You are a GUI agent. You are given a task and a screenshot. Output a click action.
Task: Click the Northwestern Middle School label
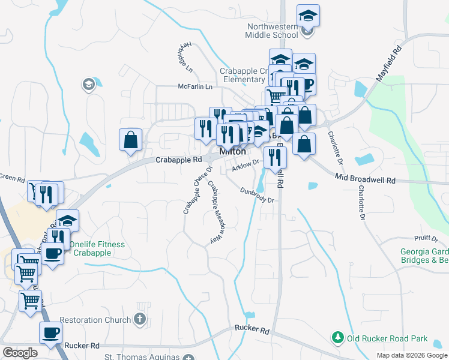(272, 31)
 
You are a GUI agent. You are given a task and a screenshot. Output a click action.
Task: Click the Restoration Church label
(95, 320)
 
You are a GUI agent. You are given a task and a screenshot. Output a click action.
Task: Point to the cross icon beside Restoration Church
(140, 319)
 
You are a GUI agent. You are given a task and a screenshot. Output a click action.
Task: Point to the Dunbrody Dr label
(257, 196)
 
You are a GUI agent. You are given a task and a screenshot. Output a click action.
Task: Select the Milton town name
(232, 152)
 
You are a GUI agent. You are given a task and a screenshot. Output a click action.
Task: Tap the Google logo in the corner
(20, 352)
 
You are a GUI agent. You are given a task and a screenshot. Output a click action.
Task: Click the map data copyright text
(411, 355)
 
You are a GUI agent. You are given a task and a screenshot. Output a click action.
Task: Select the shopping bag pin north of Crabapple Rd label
(130, 140)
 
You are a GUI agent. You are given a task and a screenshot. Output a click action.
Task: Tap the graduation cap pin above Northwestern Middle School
(308, 16)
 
